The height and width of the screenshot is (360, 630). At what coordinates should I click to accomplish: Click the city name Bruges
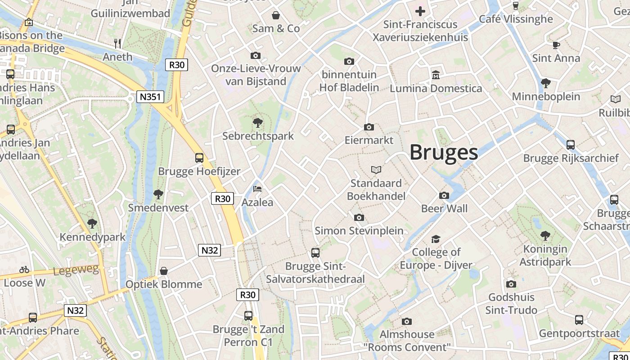point(443,152)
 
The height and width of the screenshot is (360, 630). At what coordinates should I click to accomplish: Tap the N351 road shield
point(151,97)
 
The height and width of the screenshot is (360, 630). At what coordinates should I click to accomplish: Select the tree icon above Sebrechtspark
point(258,122)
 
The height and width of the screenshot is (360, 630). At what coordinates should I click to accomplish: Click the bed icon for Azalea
point(257,189)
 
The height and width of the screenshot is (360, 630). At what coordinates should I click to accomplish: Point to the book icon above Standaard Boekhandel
point(376,170)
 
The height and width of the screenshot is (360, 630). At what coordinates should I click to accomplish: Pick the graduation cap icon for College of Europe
point(436,239)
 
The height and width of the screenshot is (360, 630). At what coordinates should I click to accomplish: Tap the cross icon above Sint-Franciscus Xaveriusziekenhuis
point(420,11)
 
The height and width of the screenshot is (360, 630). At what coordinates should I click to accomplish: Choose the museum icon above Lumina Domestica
point(436,75)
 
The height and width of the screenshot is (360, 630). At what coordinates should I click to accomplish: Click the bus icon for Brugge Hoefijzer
point(199,158)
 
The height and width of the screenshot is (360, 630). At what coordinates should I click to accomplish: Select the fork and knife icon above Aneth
point(117,43)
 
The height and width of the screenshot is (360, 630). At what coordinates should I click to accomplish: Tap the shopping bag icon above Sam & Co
point(276,16)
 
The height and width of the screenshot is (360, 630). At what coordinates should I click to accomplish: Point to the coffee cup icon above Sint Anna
point(556,45)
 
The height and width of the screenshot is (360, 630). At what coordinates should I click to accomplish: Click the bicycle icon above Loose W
point(24,270)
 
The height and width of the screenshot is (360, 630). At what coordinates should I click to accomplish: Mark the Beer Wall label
point(444,208)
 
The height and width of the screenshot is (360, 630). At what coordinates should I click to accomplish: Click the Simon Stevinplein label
point(359,230)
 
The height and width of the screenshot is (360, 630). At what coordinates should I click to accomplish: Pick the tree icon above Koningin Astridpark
point(545,235)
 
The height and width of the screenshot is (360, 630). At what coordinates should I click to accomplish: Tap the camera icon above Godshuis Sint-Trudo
point(511,284)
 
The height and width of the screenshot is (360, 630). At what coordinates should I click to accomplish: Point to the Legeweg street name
point(69,271)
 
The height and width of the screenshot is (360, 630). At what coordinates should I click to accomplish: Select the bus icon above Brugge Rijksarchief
point(571,145)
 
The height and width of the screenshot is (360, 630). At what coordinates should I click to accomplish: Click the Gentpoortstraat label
point(579,333)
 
